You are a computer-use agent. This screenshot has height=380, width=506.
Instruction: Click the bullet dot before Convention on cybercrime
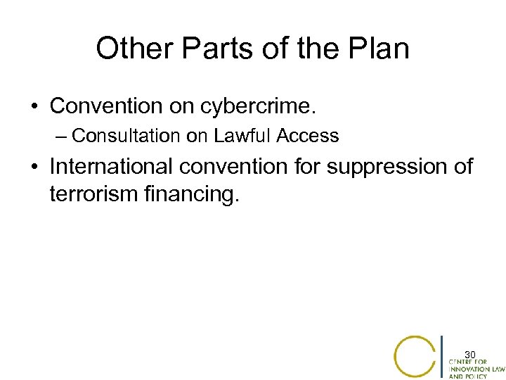34,107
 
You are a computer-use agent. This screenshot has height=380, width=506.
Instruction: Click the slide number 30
470,353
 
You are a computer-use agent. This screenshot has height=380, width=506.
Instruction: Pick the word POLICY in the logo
481,376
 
